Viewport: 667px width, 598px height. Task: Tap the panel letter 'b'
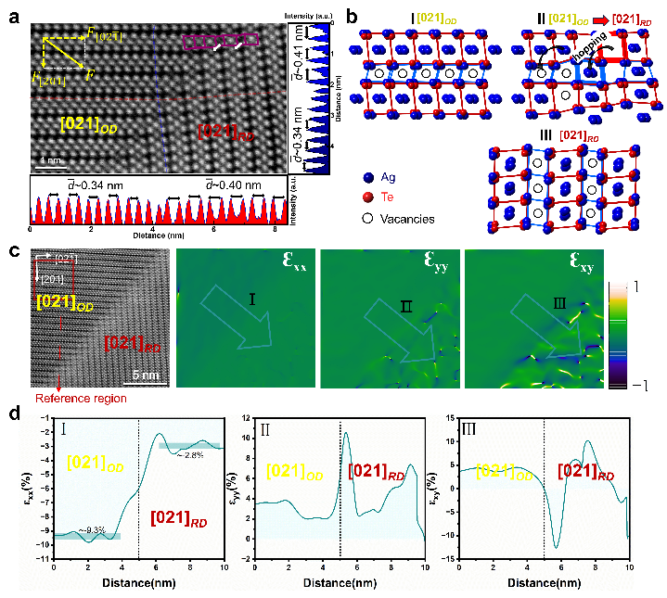click(339, 13)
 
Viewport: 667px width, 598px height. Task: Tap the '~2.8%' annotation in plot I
click(191, 454)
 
